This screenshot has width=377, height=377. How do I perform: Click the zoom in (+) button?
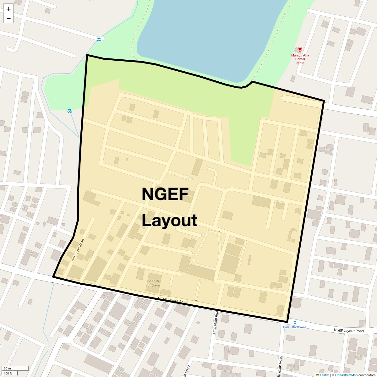coord(8,9)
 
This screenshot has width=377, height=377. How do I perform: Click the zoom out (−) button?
coord(8,19)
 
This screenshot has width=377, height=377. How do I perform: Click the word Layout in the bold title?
coord(169,220)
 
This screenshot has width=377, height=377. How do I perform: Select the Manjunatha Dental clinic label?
coord(300,59)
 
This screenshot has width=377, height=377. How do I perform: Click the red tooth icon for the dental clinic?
coord(300,49)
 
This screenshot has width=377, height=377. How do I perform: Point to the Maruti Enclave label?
coord(154,283)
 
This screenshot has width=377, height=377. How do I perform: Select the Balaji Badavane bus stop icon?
coord(295,322)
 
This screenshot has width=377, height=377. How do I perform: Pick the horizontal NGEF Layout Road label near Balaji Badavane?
coord(349,331)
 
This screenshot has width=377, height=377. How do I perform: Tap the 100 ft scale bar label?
coord(8,373)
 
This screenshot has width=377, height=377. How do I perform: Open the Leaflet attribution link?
coord(325,375)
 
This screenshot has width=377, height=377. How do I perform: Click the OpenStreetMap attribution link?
coord(346,375)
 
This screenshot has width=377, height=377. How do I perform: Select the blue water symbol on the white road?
coord(99,39)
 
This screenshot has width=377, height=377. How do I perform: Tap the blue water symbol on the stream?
coord(69,111)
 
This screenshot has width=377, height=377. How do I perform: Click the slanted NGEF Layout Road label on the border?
coord(172,301)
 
